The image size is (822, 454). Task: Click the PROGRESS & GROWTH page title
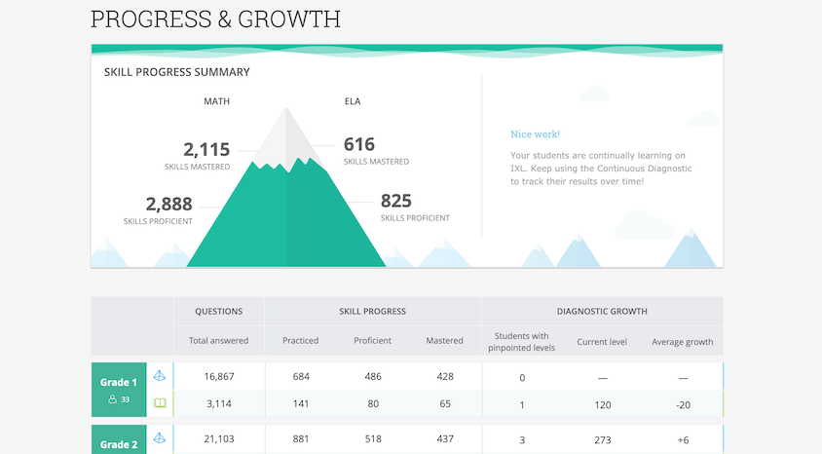click(215, 19)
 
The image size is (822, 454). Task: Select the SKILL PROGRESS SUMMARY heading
click(176, 72)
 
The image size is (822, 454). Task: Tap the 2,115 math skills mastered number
click(206, 150)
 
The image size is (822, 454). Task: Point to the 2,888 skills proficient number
click(168, 204)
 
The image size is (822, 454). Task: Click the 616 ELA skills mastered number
click(358, 144)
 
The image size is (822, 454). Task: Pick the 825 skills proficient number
click(395, 201)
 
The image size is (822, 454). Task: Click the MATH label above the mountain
click(216, 101)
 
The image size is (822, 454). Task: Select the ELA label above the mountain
click(353, 101)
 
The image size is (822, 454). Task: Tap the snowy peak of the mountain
click(285, 136)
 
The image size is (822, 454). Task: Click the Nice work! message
click(535, 134)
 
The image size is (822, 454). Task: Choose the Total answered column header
click(219, 341)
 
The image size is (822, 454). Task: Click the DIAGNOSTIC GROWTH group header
click(602, 312)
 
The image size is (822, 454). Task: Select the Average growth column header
click(683, 342)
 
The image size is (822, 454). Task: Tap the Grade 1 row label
click(119, 383)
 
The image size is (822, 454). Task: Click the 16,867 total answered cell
click(219, 377)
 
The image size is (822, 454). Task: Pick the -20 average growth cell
click(683, 404)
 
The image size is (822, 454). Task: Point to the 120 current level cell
click(602, 404)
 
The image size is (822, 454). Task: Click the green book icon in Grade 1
click(160, 402)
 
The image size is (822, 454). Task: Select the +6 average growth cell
click(683, 439)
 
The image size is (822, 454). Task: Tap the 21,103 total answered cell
click(219, 439)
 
